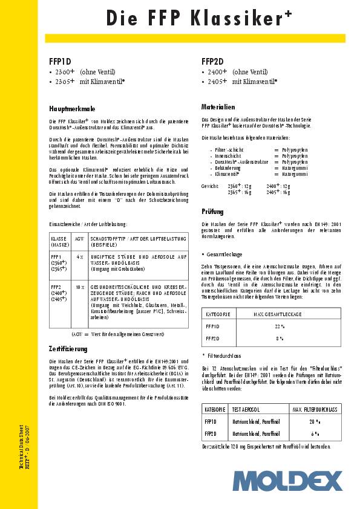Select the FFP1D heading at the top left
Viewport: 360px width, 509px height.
click(x=60, y=61)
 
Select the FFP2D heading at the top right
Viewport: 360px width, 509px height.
click(x=212, y=61)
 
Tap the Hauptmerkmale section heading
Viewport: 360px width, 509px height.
click(x=72, y=109)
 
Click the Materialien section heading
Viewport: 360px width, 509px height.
click(x=218, y=106)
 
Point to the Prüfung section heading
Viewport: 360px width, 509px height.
click(x=212, y=212)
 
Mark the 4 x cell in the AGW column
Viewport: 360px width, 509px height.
click(x=80, y=257)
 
